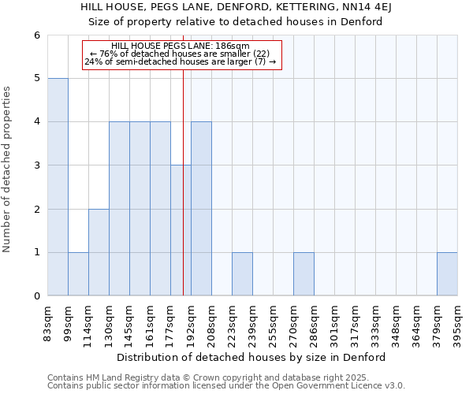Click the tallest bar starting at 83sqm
[x=58, y=187]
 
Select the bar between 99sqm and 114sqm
[x=78, y=274]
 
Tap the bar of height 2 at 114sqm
[x=99, y=252]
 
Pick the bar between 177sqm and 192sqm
[x=181, y=230]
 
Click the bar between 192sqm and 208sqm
[x=201, y=209]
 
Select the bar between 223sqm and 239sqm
[x=242, y=274]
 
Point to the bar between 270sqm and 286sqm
[x=304, y=274]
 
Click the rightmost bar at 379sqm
[x=447, y=274]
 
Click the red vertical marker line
[x=184, y=197]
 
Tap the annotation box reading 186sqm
[x=182, y=54]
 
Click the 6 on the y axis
[x=36, y=35]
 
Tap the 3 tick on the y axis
[x=36, y=165]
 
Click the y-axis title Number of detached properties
[x=7, y=165]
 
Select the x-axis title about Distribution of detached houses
[x=252, y=357]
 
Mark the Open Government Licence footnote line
[x=226, y=386]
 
